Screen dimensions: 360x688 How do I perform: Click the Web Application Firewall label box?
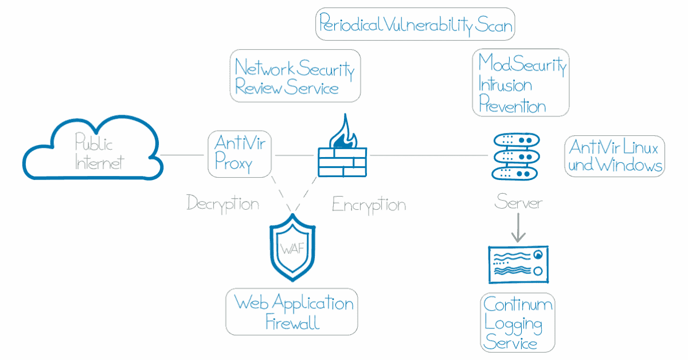tap(292, 312)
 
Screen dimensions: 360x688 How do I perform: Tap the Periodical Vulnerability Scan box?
tap(416, 25)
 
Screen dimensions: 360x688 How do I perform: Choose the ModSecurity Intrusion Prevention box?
tap(521, 83)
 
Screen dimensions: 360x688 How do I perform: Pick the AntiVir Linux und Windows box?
tap(615, 156)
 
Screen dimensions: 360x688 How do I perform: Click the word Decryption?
tap(222, 203)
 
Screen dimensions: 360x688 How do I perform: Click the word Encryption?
tap(369, 205)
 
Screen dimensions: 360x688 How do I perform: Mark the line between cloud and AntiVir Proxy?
tap(183, 155)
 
